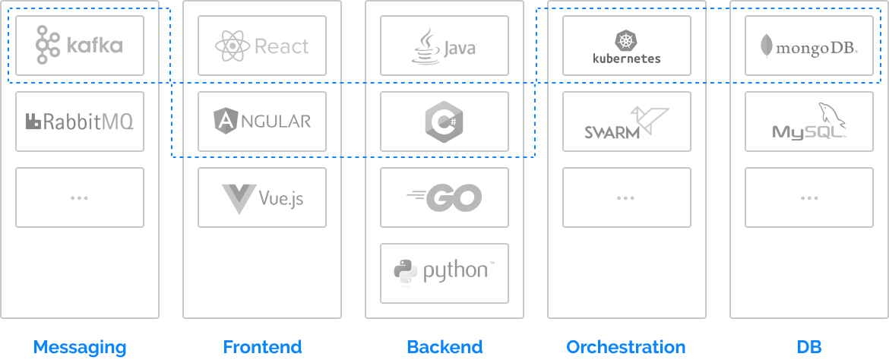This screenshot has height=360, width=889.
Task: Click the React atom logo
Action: click(x=233, y=46)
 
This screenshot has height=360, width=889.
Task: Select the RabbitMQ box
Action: click(x=80, y=122)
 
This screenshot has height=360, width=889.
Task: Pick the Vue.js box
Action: click(x=262, y=197)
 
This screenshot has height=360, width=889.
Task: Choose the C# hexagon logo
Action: click(x=444, y=122)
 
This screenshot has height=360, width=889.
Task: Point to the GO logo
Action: click(x=444, y=197)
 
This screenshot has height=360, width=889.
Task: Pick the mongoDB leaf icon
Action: click(x=767, y=47)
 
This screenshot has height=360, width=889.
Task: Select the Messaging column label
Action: click(x=80, y=347)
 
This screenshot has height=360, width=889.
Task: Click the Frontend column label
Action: click(x=262, y=347)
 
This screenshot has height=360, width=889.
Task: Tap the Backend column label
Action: click(x=444, y=347)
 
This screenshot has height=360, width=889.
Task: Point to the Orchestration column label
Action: click(x=626, y=347)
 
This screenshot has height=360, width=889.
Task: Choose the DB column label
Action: click(x=809, y=347)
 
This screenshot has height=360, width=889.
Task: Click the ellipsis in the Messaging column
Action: click(x=80, y=197)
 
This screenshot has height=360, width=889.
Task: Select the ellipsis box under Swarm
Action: click(x=627, y=197)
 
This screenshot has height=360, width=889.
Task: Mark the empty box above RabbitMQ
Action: click(x=80, y=46)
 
